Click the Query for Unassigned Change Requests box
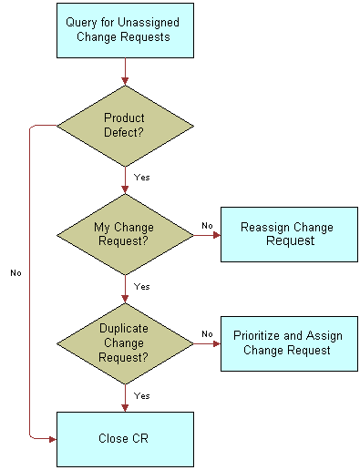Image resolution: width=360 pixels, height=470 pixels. point(125,30)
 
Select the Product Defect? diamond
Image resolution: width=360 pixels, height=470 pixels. point(125,125)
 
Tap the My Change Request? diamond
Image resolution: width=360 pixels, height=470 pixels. point(125,234)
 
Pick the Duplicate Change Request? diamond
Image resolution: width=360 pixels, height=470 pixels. point(125,343)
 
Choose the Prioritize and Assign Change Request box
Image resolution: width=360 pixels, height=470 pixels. point(289,343)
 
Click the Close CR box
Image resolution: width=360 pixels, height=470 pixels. point(125,438)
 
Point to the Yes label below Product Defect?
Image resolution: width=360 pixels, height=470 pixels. point(141,177)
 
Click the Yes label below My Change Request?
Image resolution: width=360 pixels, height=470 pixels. point(141,286)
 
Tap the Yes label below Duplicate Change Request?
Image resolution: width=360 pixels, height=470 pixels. point(141,396)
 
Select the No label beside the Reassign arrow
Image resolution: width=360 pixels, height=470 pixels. point(206,225)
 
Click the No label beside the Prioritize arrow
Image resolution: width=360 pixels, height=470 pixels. point(206,334)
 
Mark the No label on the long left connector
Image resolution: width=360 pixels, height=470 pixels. point(15,272)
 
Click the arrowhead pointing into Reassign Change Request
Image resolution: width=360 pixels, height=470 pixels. point(216,235)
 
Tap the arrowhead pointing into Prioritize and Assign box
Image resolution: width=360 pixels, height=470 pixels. point(216,344)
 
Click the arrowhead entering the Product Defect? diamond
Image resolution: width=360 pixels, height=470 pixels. point(125,78)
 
